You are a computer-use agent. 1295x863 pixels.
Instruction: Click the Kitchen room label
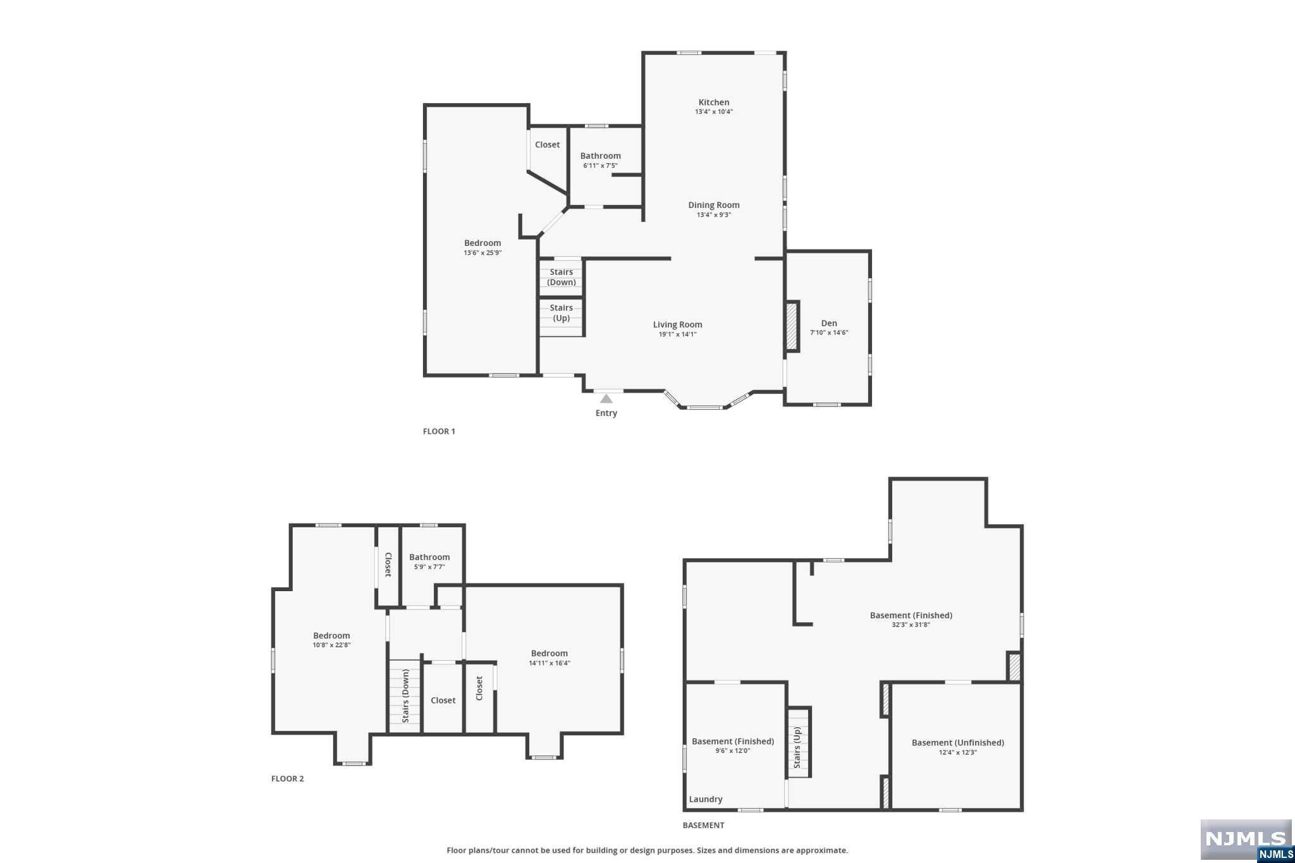click(x=713, y=102)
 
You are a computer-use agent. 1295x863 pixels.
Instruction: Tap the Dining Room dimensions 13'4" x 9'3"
click(x=713, y=215)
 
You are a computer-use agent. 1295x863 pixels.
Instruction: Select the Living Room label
click(x=677, y=325)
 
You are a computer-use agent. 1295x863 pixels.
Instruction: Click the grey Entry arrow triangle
click(x=606, y=399)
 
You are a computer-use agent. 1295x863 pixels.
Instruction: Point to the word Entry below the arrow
click(x=606, y=413)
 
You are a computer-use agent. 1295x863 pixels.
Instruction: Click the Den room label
click(x=828, y=323)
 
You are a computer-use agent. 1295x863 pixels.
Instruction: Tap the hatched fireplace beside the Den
click(x=791, y=326)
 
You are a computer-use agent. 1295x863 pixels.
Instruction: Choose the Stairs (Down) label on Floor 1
click(x=561, y=277)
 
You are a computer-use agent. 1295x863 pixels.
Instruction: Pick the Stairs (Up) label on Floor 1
click(x=561, y=313)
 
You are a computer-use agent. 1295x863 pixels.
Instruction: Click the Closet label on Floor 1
click(x=547, y=145)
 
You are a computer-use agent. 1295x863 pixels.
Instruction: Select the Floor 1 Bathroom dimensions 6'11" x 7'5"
click(x=600, y=166)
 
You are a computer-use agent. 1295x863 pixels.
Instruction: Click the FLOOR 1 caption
click(x=439, y=431)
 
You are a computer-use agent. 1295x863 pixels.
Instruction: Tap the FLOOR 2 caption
click(x=287, y=778)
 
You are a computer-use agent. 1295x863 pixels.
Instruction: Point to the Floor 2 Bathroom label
click(x=429, y=557)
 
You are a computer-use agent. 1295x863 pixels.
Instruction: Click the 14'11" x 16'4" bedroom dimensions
click(x=549, y=663)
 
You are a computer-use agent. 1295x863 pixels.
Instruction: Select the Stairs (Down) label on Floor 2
click(x=405, y=696)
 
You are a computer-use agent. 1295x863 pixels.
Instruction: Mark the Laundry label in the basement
click(x=705, y=799)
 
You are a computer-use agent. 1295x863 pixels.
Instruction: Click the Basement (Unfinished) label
click(x=957, y=743)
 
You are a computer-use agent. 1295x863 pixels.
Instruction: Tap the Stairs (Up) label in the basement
click(x=797, y=747)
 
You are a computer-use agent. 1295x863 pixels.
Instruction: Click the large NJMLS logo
click(x=1245, y=838)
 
